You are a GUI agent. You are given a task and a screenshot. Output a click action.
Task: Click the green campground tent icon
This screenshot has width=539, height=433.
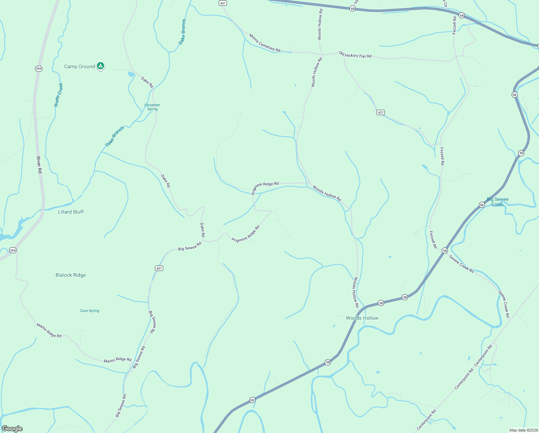[101, 66]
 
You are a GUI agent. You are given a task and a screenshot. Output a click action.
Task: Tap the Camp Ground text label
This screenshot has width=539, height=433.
[79, 66]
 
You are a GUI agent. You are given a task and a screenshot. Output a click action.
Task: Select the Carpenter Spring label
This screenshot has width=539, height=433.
[152, 107]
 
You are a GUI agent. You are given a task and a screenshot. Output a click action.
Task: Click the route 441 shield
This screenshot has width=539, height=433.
[223, 3]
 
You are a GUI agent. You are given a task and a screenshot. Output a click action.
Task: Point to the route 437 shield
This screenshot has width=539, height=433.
[380, 113]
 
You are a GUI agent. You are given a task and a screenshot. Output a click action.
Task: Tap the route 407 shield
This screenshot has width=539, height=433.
[159, 268]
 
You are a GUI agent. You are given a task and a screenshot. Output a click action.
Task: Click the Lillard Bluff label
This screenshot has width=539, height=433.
[71, 212]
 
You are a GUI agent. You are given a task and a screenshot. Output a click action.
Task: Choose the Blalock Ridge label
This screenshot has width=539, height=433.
[71, 275]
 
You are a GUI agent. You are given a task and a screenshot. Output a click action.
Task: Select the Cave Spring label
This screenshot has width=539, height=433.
[89, 311]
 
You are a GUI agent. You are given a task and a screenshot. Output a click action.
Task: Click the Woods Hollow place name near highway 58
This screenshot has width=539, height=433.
[362, 318]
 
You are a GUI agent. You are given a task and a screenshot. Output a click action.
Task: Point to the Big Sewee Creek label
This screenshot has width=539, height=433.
[497, 202]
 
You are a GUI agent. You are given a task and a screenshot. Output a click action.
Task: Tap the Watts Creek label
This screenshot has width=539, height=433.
[58, 95]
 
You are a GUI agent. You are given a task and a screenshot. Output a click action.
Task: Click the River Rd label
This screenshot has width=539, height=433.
[39, 165]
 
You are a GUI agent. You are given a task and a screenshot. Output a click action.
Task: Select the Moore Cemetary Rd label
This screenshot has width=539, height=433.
[264, 43]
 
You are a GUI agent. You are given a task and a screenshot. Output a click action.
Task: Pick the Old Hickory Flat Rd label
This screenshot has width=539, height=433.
[355, 55]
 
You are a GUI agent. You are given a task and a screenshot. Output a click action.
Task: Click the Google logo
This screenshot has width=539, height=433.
[12, 429]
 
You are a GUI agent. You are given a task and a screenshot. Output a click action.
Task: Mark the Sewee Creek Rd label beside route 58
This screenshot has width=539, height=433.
[461, 264]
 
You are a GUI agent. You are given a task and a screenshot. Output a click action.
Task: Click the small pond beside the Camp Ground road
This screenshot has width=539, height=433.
[130, 74]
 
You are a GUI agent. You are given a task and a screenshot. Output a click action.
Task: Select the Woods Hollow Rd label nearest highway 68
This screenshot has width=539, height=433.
[320, 22]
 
